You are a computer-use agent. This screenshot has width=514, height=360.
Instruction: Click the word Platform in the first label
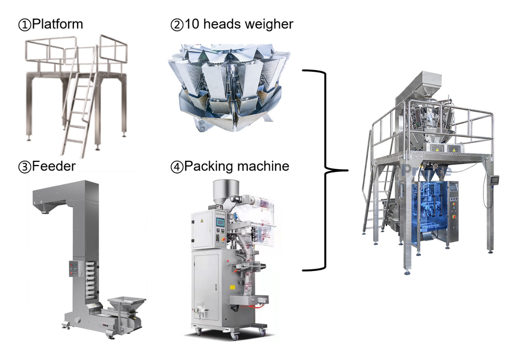(58, 24)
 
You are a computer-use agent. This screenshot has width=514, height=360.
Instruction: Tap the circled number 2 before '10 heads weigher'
(176, 24)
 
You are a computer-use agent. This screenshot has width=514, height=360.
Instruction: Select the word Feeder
(54, 167)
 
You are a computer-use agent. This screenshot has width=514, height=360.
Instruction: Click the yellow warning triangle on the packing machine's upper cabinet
(201, 220)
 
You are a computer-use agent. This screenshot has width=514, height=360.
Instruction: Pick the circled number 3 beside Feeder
(25, 167)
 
